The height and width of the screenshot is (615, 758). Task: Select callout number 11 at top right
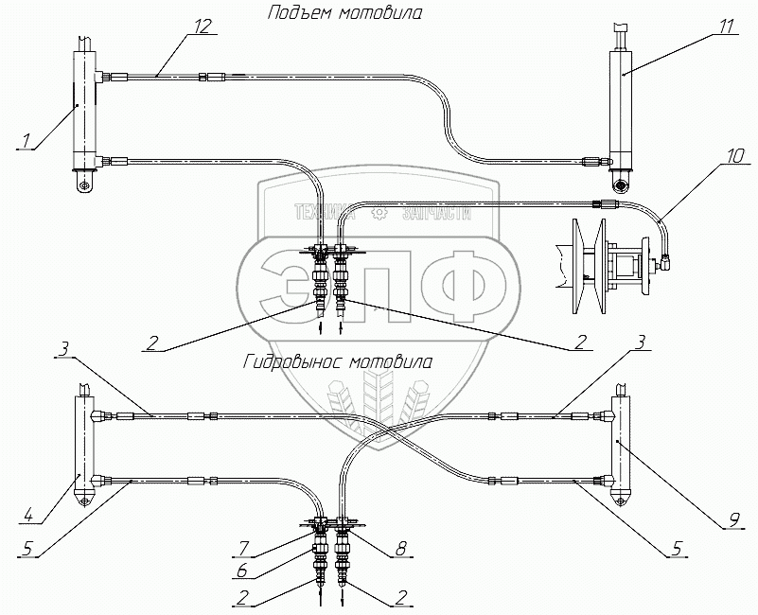pyautogui.click(x=726, y=26)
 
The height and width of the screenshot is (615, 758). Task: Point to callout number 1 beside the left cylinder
pyautogui.click(x=26, y=141)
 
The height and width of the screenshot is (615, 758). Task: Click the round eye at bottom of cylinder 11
pyautogui.click(x=622, y=184)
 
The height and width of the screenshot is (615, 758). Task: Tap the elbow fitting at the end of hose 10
pyautogui.click(x=667, y=258)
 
